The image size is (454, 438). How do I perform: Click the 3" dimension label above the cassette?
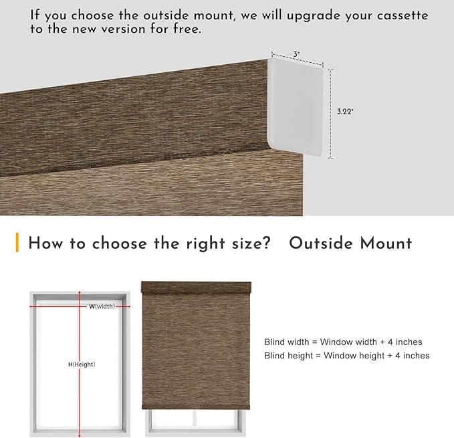point(296,54)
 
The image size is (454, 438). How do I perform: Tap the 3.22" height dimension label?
point(345,112)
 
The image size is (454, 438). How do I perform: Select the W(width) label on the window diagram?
point(102,306)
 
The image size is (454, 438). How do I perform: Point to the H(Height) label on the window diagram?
point(82,364)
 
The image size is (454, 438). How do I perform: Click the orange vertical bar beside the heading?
point(17,242)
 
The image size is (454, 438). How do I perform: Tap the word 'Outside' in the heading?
point(321,243)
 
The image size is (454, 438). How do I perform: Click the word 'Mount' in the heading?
point(386,243)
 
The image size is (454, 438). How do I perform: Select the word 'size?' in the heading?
point(251,243)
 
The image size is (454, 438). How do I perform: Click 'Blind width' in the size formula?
point(287,342)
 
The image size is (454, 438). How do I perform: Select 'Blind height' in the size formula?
point(288,355)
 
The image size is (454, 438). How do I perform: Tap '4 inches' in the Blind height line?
point(413,355)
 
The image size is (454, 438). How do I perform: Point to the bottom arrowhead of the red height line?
point(80,435)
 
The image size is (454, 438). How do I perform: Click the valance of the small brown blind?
point(196,287)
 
